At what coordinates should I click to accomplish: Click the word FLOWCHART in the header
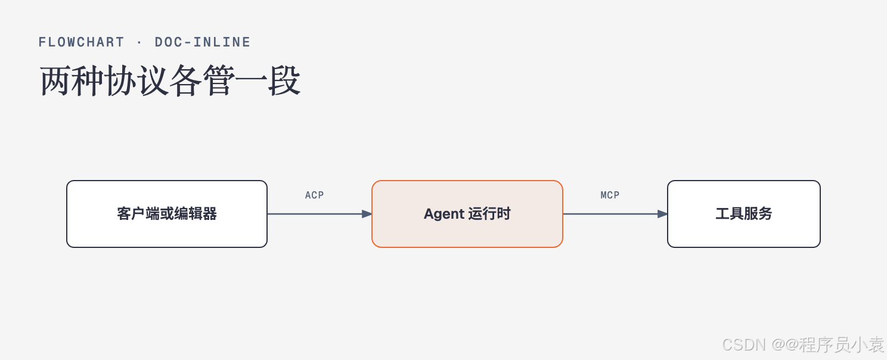81,42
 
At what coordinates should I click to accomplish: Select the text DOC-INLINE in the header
202,42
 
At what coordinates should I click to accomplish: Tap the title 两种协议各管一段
170,81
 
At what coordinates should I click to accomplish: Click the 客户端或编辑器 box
167,214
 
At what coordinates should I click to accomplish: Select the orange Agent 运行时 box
467,214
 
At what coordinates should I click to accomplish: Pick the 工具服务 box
744,214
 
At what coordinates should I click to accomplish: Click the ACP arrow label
314,195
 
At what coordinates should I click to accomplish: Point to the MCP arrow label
610,195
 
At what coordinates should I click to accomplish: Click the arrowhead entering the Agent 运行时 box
367,214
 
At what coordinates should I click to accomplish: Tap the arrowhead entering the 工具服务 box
662,214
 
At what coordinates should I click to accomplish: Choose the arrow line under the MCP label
615,214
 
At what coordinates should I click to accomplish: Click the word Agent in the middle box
443,214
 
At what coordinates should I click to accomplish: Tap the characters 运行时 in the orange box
489,214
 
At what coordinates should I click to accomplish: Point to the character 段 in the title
284,81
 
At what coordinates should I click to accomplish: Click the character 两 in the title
56,81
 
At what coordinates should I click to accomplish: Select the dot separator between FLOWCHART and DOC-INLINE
139,42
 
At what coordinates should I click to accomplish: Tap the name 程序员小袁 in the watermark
841,345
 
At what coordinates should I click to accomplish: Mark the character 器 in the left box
209,214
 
